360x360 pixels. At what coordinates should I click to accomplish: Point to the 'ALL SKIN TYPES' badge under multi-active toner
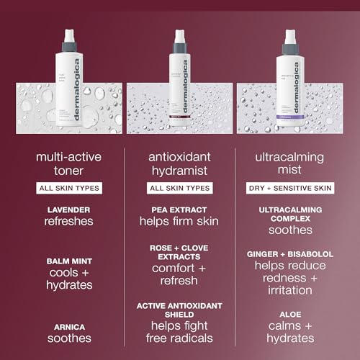70,187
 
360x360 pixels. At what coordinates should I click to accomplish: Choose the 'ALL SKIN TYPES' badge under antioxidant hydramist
179,187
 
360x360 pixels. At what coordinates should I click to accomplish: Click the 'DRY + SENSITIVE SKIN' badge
289,187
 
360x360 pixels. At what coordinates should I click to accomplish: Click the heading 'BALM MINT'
70,261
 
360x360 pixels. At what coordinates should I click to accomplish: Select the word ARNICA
70,325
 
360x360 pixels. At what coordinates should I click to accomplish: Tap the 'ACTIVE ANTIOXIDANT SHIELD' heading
179,310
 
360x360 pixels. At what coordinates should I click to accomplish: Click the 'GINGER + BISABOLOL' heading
289,253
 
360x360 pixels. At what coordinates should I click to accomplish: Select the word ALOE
289,315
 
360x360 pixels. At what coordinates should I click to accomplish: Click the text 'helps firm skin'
179,221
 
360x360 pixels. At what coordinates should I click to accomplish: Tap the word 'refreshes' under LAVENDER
70,221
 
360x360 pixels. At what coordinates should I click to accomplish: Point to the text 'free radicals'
179,338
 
